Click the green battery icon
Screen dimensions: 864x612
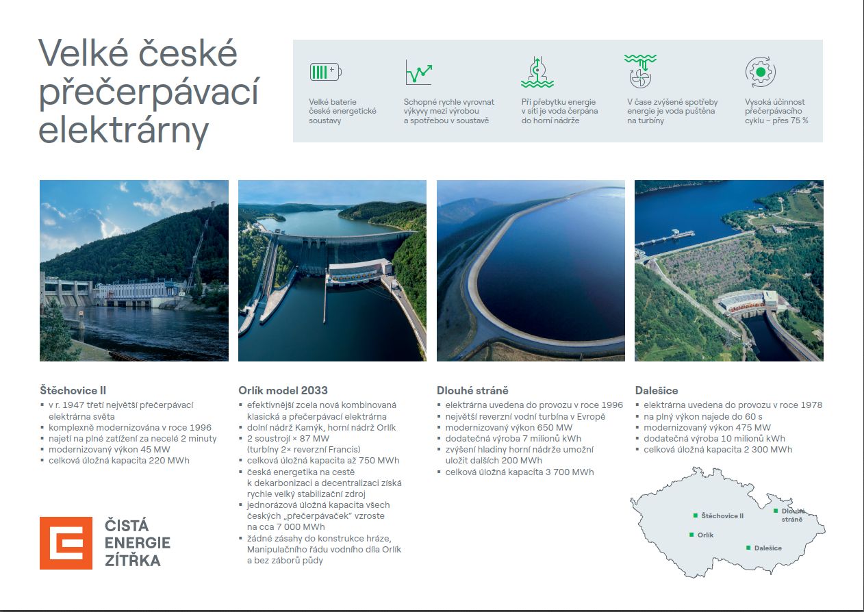(x=326, y=72)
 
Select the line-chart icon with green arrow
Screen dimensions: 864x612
(x=419, y=72)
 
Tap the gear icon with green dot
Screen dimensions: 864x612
(x=760, y=72)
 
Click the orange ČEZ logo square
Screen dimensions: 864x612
(x=66, y=543)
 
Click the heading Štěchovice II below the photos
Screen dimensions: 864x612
(x=73, y=390)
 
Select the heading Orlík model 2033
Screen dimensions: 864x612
(x=283, y=390)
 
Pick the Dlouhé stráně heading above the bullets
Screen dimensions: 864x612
(x=472, y=390)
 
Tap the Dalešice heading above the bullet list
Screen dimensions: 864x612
(x=657, y=390)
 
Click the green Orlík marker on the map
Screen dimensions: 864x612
(x=691, y=535)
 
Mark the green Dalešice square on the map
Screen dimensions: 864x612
(x=748, y=548)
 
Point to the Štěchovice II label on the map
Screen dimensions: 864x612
(x=722, y=515)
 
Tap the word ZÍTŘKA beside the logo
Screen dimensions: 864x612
(x=133, y=561)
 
